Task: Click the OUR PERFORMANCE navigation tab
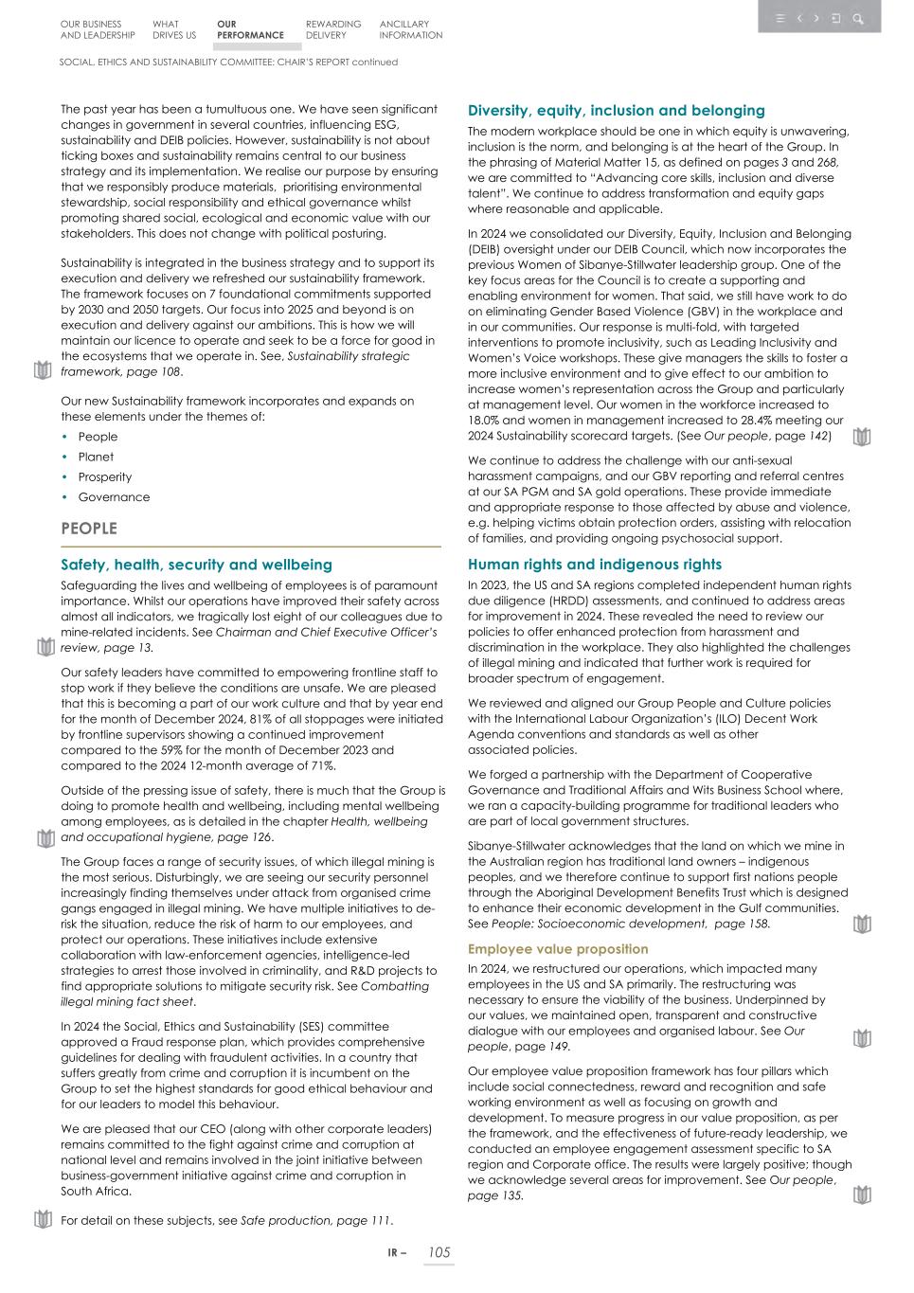click(x=249, y=30)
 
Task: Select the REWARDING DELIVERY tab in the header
click(x=332, y=30)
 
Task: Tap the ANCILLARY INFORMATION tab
click(x=410, y=30)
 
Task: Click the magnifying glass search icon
click(x=857, y=18)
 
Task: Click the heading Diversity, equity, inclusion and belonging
click(x=616, y=111)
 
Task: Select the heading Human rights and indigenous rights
click(x=594, y=565)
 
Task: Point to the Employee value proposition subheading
click(x=558, y=949)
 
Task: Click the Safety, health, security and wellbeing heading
click(x=196, y=565)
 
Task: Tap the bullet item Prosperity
click(x=104, y=477)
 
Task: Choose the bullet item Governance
click(x=114, y=497)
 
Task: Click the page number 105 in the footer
click(x=439, y=1252)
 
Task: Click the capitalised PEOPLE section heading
click(x=89, y=529)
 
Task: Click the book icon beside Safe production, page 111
click(x=43, y=1219)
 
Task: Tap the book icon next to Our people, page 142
click(x=861, y=437)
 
